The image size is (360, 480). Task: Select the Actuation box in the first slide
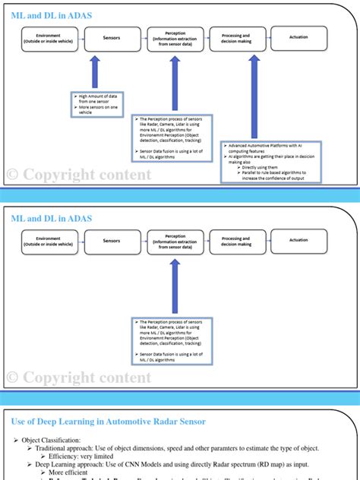point(298,37)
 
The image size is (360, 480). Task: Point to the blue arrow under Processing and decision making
point(254,95)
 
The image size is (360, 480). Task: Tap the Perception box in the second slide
point(175,241)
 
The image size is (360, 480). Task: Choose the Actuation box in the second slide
point(298,241)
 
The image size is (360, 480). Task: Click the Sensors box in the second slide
point(112,241)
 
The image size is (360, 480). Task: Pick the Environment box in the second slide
point(48,241)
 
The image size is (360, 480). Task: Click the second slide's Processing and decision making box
point(236,241)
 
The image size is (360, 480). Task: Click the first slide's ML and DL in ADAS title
point(52,14)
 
